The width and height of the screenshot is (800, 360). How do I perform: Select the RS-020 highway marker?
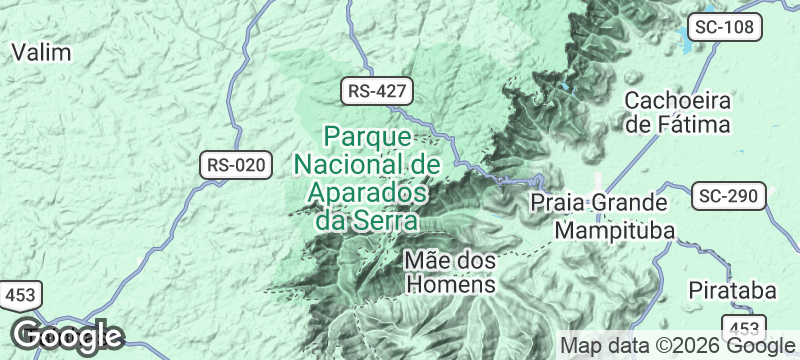(237, 166)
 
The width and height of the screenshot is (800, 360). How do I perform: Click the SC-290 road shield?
(730, 195)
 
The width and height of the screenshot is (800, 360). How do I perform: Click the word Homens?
(451, 284)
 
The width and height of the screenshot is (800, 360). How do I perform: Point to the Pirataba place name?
(733, 290)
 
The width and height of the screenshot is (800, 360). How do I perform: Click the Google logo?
(67, 337)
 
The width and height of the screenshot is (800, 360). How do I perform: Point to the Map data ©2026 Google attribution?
(676, 346)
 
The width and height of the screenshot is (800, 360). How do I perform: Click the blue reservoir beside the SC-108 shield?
(687, 40)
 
